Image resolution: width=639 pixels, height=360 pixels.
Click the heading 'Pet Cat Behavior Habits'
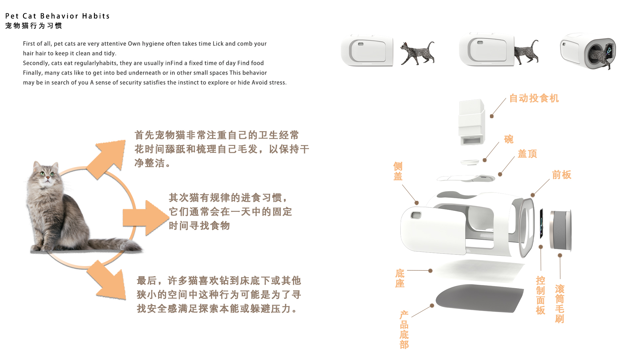click(x=57, y=16)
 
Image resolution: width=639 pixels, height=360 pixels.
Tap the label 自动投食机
click(x=534, y=98)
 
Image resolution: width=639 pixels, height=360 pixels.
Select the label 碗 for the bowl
click(x=509, y=139)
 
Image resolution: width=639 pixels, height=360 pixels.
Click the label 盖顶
click(x=527, y=154)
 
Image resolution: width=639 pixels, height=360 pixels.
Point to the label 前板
click(x=561, y=175)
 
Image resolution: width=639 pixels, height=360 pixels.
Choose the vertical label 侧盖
click(x=398, y=171)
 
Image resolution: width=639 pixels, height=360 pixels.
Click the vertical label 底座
click(x=400, y=278)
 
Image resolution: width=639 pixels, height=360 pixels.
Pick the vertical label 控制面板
click(x=540, y=295)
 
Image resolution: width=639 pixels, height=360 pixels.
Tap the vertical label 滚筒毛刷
click(x=559, y=303)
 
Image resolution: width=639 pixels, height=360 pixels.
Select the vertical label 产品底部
click(x=404, y=329)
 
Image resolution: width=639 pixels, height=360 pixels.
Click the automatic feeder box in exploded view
click(x=471, y=122)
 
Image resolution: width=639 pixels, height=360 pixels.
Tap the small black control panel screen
click(x=541, y=223)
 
